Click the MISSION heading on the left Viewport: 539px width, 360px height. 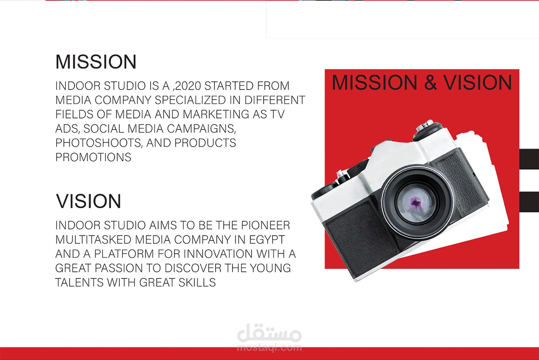click(96, 62)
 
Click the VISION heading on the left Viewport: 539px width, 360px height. click(88, 201)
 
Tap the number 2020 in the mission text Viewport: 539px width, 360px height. click(188, 86)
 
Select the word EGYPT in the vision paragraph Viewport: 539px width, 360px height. click(267, 240)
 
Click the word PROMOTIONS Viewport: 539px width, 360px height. click(93, 157)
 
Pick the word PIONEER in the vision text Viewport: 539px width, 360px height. click(266, 225)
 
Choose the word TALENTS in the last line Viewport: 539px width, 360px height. click(79, 283)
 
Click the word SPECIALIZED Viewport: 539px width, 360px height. click(190, 100)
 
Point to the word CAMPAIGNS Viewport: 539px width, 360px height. click(201, 129)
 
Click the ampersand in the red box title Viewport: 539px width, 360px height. click(430, 82)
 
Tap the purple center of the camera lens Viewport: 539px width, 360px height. click(415, 202)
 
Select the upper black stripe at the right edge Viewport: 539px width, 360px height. click(529, 159)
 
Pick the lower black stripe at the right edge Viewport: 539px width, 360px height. click(529, 202)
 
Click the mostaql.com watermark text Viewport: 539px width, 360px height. click(269, 348)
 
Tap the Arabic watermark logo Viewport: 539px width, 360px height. click(269, 333)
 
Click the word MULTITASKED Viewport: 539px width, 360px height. click(93, 240)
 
